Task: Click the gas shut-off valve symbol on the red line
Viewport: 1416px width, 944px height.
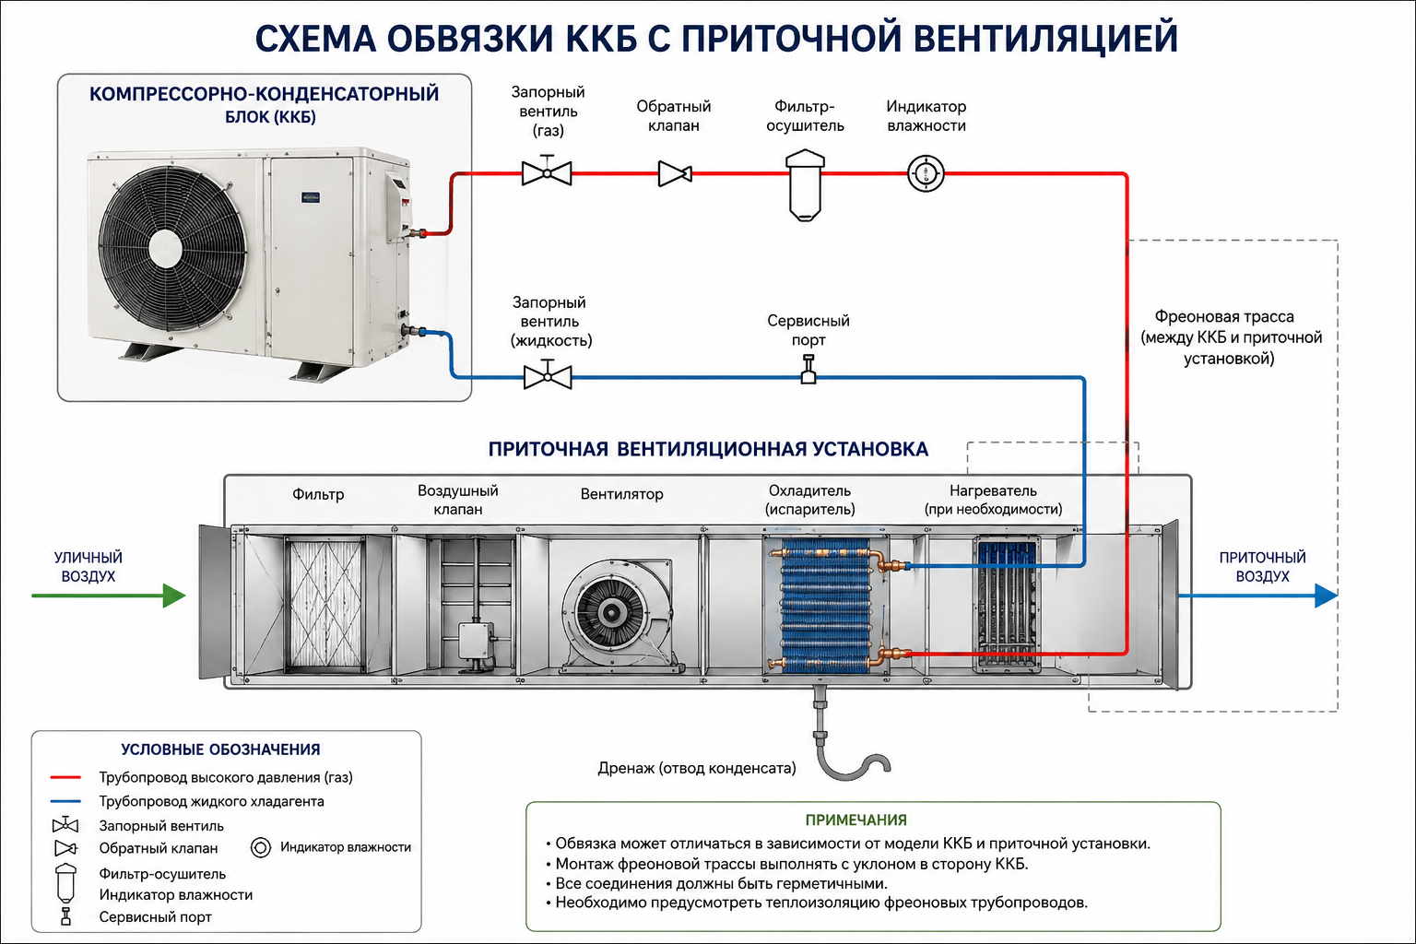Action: click(547, 171)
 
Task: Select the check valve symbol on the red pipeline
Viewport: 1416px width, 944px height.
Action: click(675, 174)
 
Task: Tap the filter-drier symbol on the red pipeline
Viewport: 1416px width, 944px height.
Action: click(805, 185)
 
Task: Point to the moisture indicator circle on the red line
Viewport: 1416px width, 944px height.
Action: click(926, 173)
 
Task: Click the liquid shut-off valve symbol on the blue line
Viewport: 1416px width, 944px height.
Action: click(549, 374)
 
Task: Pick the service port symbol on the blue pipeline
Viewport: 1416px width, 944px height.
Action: click(808, 370)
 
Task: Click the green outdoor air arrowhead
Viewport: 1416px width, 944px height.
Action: click(174, 596)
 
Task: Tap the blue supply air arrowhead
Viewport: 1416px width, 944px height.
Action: click(1327, 596)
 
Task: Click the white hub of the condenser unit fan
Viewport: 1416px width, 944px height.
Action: click(165, 247)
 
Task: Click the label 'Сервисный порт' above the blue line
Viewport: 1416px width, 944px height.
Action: click(808, 330)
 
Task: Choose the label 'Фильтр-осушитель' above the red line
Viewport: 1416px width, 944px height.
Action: click(805, 116)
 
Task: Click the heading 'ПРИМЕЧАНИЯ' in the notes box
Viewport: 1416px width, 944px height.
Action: click(855, 820)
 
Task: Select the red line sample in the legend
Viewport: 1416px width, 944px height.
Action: click(65, 777)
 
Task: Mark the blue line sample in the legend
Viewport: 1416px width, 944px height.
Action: click(65, 801)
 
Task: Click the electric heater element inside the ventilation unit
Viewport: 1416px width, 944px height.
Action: click(1007, 605)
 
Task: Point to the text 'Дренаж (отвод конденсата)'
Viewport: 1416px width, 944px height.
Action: click(697, 768)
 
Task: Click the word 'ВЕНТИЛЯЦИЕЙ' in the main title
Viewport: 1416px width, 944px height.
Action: click(1045, 38)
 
